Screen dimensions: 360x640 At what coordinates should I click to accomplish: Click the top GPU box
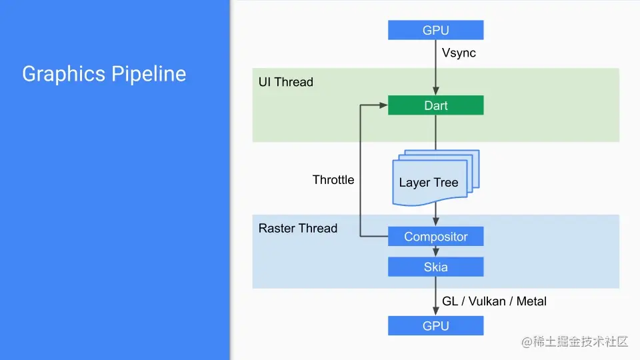(x=435, y=30)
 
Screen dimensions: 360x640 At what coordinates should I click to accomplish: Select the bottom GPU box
(x=435, y=326)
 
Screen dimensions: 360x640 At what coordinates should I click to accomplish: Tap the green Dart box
(x=435, y=106)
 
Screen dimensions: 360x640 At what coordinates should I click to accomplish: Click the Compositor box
(x=435, y=237)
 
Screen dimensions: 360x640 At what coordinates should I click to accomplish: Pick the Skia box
(x=435, y=267)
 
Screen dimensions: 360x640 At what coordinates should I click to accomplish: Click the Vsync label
(x=459, y=53)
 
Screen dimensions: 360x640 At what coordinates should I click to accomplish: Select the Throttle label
(x=333, y=180)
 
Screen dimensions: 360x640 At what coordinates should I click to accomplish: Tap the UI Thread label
(x=285, y=82)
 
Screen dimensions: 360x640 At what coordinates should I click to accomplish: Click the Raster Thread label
(x=297, y=229)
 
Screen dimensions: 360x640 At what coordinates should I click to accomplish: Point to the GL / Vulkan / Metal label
(x=494, y=301)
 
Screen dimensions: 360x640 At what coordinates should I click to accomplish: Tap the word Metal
(x=531, y=301)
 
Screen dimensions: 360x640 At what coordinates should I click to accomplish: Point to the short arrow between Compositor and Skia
(x=435, y=251)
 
